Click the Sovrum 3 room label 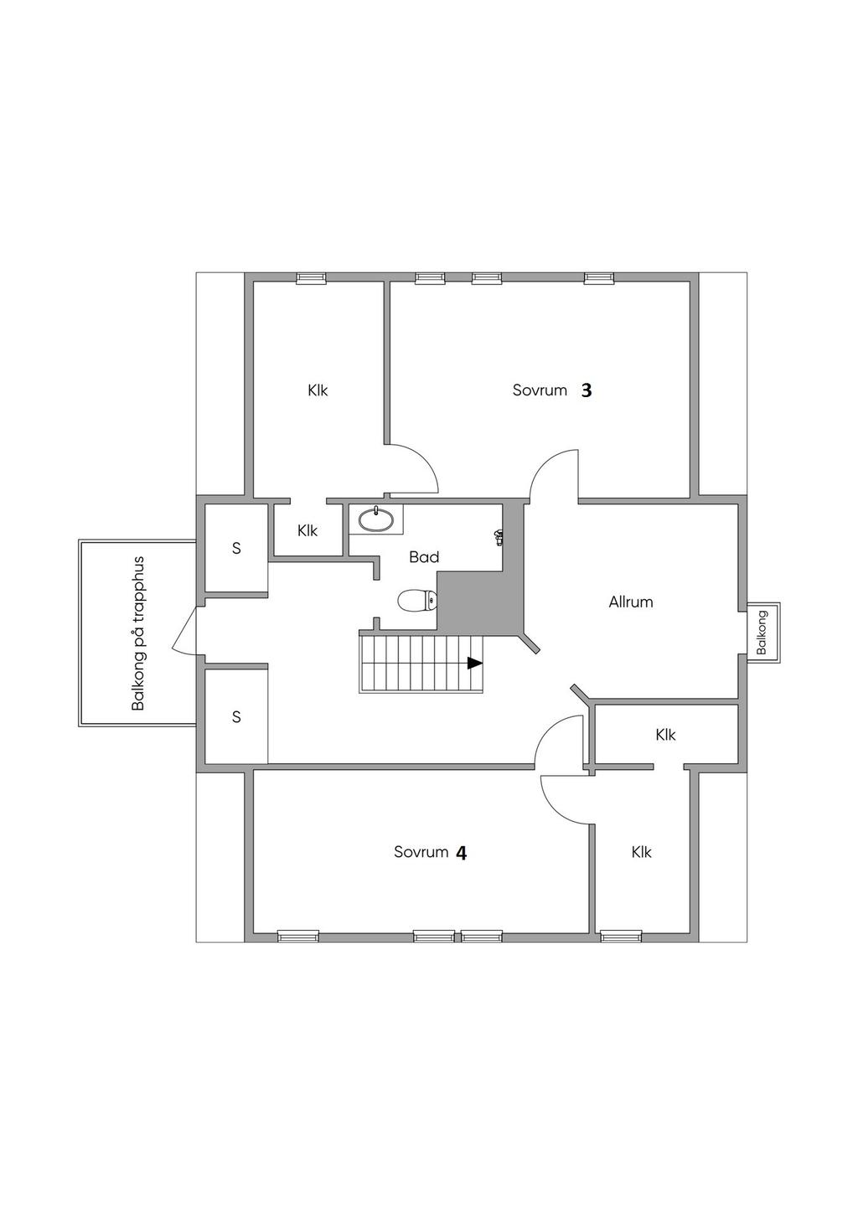(552, 390)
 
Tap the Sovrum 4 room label (430, 853)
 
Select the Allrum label (630, 602)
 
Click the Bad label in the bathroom (424, 556)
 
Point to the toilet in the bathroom (417, 601)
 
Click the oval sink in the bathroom (376, 519)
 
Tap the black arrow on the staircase (475, 663)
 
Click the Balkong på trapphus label (139, 633)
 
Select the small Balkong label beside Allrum (763, 633)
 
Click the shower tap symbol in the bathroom (499, 537)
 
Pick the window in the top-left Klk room (312, 277)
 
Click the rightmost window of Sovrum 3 (599, 277)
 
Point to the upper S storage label (236, 549)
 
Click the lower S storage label (236, 717)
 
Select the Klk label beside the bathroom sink (308, 530)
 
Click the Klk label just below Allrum (665, 735)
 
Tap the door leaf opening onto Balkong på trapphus (184, 631)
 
